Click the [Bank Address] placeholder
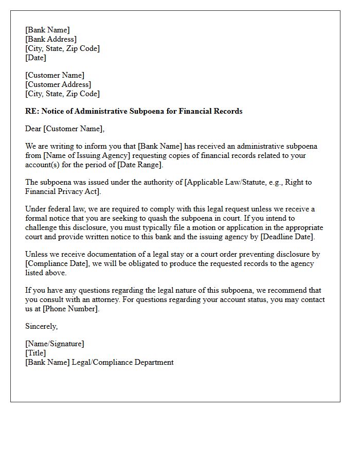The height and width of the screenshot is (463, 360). point(51,39)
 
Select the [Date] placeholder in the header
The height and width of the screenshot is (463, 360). point(36,58)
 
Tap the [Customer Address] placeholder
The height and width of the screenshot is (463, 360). point(59,84)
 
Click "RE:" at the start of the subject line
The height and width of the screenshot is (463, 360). point(32,111)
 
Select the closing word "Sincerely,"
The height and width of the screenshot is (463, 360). point(42,326)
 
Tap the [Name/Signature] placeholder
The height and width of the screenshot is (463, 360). point(55,344)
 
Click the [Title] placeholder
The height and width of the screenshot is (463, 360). point(35,353)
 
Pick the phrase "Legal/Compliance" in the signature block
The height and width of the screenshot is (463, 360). point(101,362)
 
